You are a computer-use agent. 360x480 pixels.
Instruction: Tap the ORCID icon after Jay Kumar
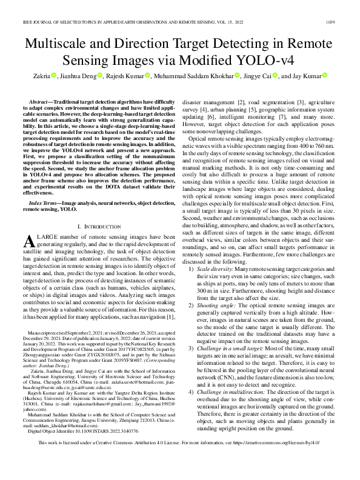[324, 76]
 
